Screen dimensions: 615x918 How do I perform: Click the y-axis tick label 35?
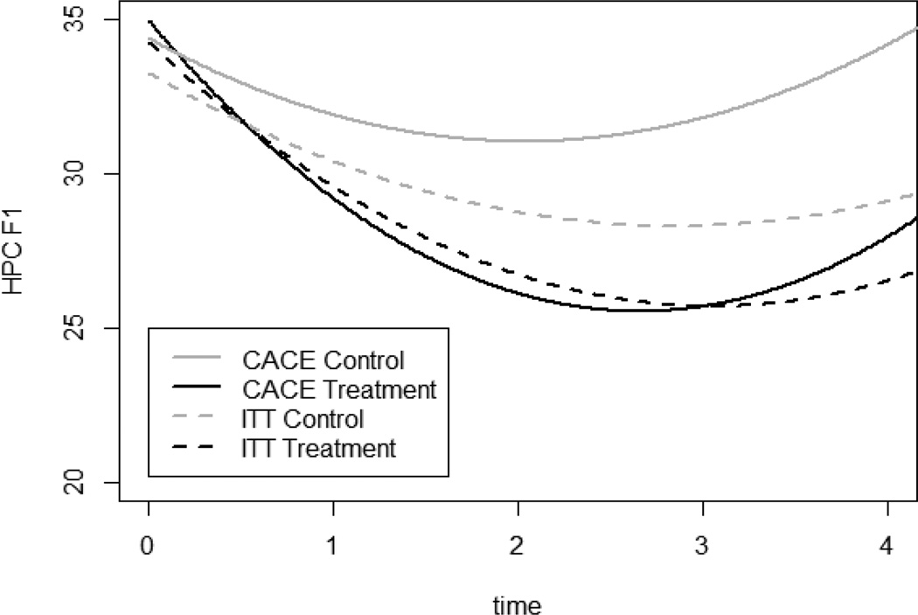87,20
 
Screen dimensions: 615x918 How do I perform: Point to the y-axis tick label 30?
87,174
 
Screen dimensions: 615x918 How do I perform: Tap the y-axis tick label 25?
87,328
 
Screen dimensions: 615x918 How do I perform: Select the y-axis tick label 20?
87,483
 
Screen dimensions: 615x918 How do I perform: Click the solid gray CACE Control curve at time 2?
518,141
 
